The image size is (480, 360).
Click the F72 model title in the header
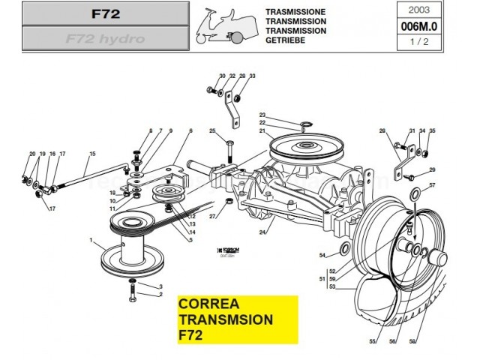click(105, 13)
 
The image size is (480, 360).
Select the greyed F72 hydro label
click(105, 38)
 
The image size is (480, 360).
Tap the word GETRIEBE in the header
click(284, 40)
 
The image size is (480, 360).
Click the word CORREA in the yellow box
click(209, 305)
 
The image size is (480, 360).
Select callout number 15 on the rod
click(92, 155)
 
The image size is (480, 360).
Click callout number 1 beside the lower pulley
click(91, 241)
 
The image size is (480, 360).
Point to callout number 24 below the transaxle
click(262, 232)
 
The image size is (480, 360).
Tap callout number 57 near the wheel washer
click(432, 184)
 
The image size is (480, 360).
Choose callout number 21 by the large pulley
click(263, 131)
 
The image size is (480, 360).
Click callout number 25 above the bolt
click(212, 132)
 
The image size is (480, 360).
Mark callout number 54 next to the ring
click(322, 256)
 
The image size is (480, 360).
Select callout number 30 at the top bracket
click(222, 76)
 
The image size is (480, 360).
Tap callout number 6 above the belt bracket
click(191, 131)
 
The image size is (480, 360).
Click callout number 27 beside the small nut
click(213, 217)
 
